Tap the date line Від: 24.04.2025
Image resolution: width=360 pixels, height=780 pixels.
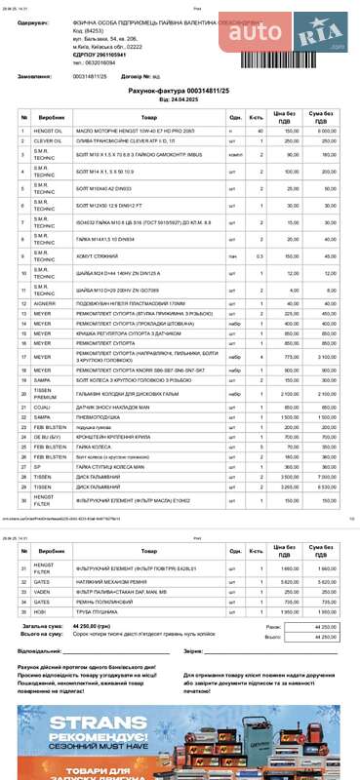pos(180,98)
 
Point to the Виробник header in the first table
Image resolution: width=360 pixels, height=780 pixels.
pos(51,116)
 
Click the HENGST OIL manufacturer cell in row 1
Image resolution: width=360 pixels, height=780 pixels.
pos(48,130)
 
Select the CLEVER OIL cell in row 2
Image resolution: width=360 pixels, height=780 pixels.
pos(48,141)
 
